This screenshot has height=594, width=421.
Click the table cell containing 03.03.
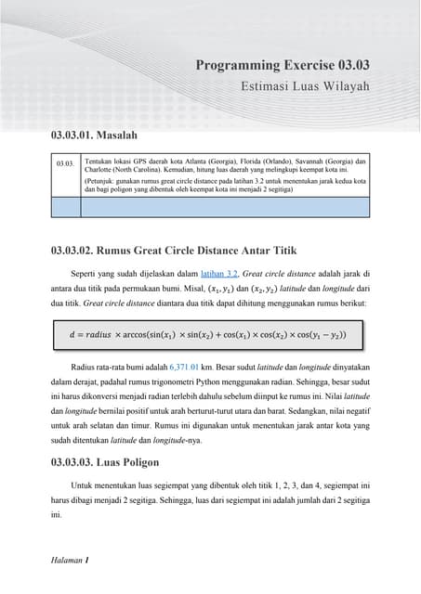tap(64, 163)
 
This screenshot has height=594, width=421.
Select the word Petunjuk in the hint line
tap(102, 181)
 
